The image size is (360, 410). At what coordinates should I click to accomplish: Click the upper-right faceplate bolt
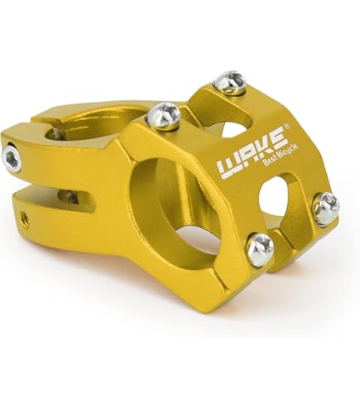tap(229, 82)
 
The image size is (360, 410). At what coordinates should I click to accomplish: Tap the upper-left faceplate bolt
tap(164, 116)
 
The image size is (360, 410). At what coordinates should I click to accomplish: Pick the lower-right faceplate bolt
tap(327, 209)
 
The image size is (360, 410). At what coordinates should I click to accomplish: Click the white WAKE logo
tap(251, 152)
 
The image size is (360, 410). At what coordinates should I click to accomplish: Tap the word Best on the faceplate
tap(269, 161)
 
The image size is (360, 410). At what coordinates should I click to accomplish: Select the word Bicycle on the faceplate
tap(288, 151)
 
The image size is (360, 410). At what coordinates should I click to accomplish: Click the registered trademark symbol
tap(287, 126)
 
